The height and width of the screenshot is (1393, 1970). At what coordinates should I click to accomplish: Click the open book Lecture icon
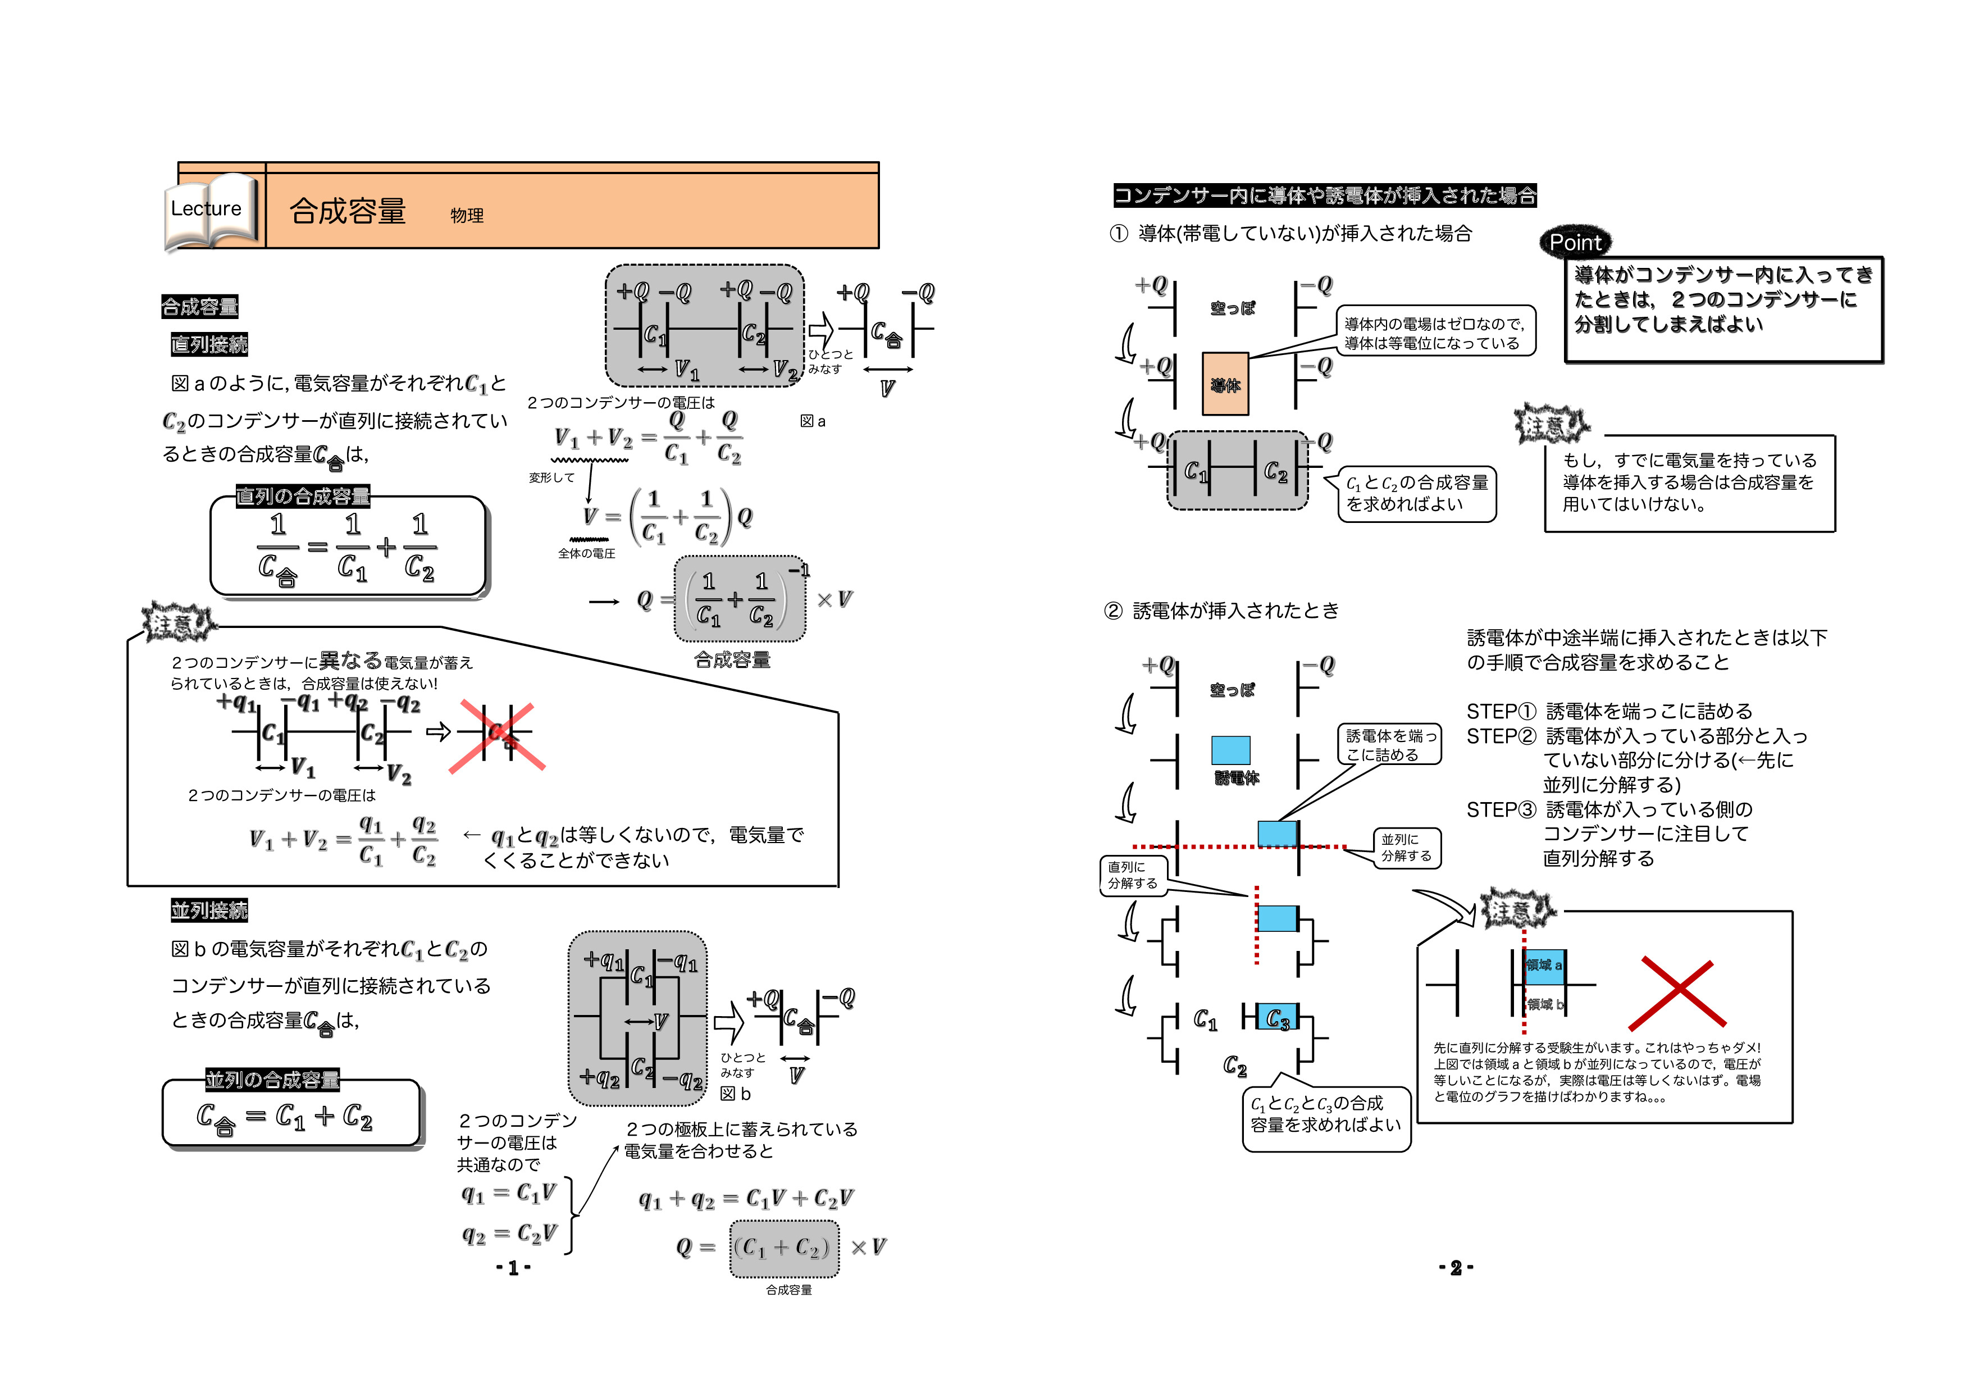coord(210,210)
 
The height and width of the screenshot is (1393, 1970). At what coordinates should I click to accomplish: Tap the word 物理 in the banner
coord(467,216)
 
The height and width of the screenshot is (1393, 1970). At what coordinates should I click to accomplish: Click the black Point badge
coord(1575,243)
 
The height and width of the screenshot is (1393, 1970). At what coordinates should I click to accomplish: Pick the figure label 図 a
coord(811,421)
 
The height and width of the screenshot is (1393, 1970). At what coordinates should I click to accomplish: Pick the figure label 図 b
coord(735,1094)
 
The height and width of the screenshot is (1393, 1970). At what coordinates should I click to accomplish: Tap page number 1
coord(513,1268)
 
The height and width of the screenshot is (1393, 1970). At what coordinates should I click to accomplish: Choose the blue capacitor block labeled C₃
coord(1276,1018)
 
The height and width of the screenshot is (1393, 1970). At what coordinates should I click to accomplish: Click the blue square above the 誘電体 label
coord(1230,750)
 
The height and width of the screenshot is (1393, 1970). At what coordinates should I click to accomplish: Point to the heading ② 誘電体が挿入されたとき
coord(1221,610)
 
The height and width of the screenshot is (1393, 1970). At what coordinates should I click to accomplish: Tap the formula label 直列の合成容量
coord(303,496)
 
